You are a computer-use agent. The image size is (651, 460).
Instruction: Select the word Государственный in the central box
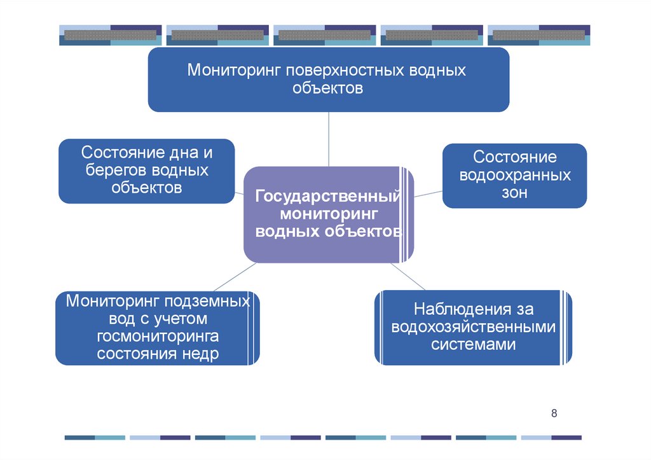click(x=327, y=196)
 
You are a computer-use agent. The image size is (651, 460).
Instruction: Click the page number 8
click(x=554, y=414)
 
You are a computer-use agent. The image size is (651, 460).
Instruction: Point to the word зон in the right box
click(x=514, y=193)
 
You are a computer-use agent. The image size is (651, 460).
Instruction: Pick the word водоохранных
click(x=514, y=175)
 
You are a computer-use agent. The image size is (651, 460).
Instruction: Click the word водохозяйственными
click(x=473, y=328)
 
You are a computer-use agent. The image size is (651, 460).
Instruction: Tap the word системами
click(x=473, y=345)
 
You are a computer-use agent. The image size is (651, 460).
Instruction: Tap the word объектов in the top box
click(x=328, y=88)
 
